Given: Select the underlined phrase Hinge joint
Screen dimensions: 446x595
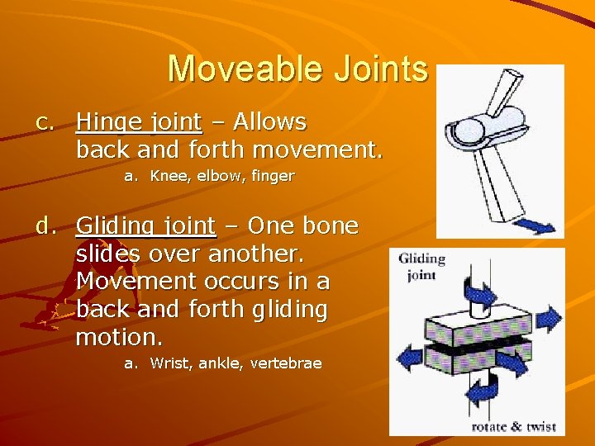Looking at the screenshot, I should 139,122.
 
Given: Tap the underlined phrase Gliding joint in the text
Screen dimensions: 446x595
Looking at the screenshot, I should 145,226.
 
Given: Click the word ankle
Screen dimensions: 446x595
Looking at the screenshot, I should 221,363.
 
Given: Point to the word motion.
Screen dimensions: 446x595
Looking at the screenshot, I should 119,337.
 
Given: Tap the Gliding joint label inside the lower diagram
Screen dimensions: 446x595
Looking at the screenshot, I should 422,267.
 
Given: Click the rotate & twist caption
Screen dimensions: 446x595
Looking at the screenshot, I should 513,427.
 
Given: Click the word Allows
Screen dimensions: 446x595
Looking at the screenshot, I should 269,122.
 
